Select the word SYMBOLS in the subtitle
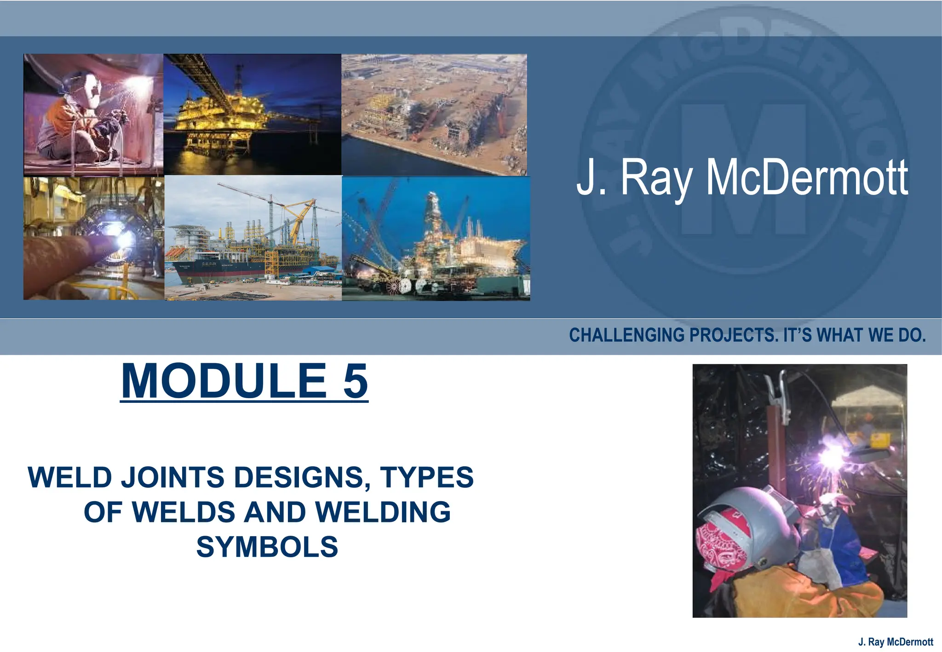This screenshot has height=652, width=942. pos(267,547)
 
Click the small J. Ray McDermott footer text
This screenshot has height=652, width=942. pos(896,642)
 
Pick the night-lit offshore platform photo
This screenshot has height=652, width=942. pos(252,114)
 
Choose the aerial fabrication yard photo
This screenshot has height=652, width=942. pos(434,114)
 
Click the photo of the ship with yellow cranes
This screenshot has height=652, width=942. pos(253,238)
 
